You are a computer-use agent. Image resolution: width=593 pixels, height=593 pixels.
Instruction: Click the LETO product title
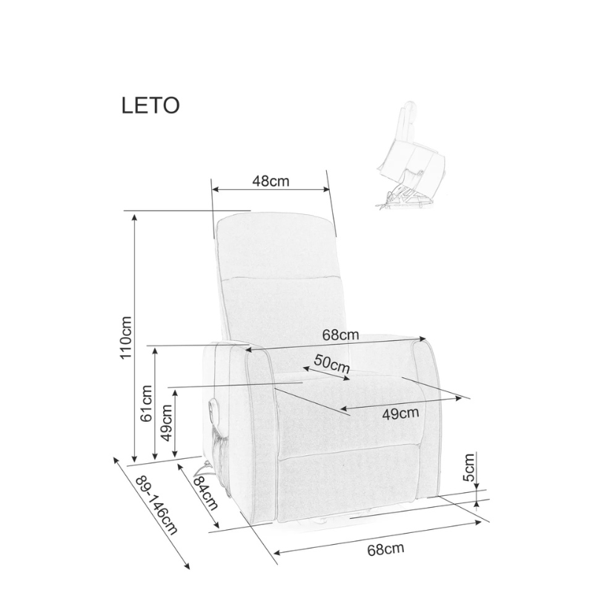click(x=150, y=105)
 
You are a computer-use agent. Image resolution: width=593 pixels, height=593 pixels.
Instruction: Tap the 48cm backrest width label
click(x=271, y=181)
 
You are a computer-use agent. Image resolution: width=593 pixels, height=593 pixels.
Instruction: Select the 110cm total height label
click(x=126, y=338)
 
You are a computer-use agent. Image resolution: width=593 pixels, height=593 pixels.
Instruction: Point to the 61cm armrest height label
click(x=146, y=403)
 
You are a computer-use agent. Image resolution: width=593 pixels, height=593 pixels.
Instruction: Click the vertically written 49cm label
click(x=166, y=423)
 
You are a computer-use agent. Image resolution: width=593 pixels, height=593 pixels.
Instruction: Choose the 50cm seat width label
click(x=331, y=363)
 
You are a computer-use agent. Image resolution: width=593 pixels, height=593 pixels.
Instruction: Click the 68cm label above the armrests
click(x=340, y=335)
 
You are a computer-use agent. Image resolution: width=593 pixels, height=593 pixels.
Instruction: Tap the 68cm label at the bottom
click(x=385, y=549)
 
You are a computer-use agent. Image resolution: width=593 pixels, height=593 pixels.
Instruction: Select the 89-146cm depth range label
click(x=156, y=505)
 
